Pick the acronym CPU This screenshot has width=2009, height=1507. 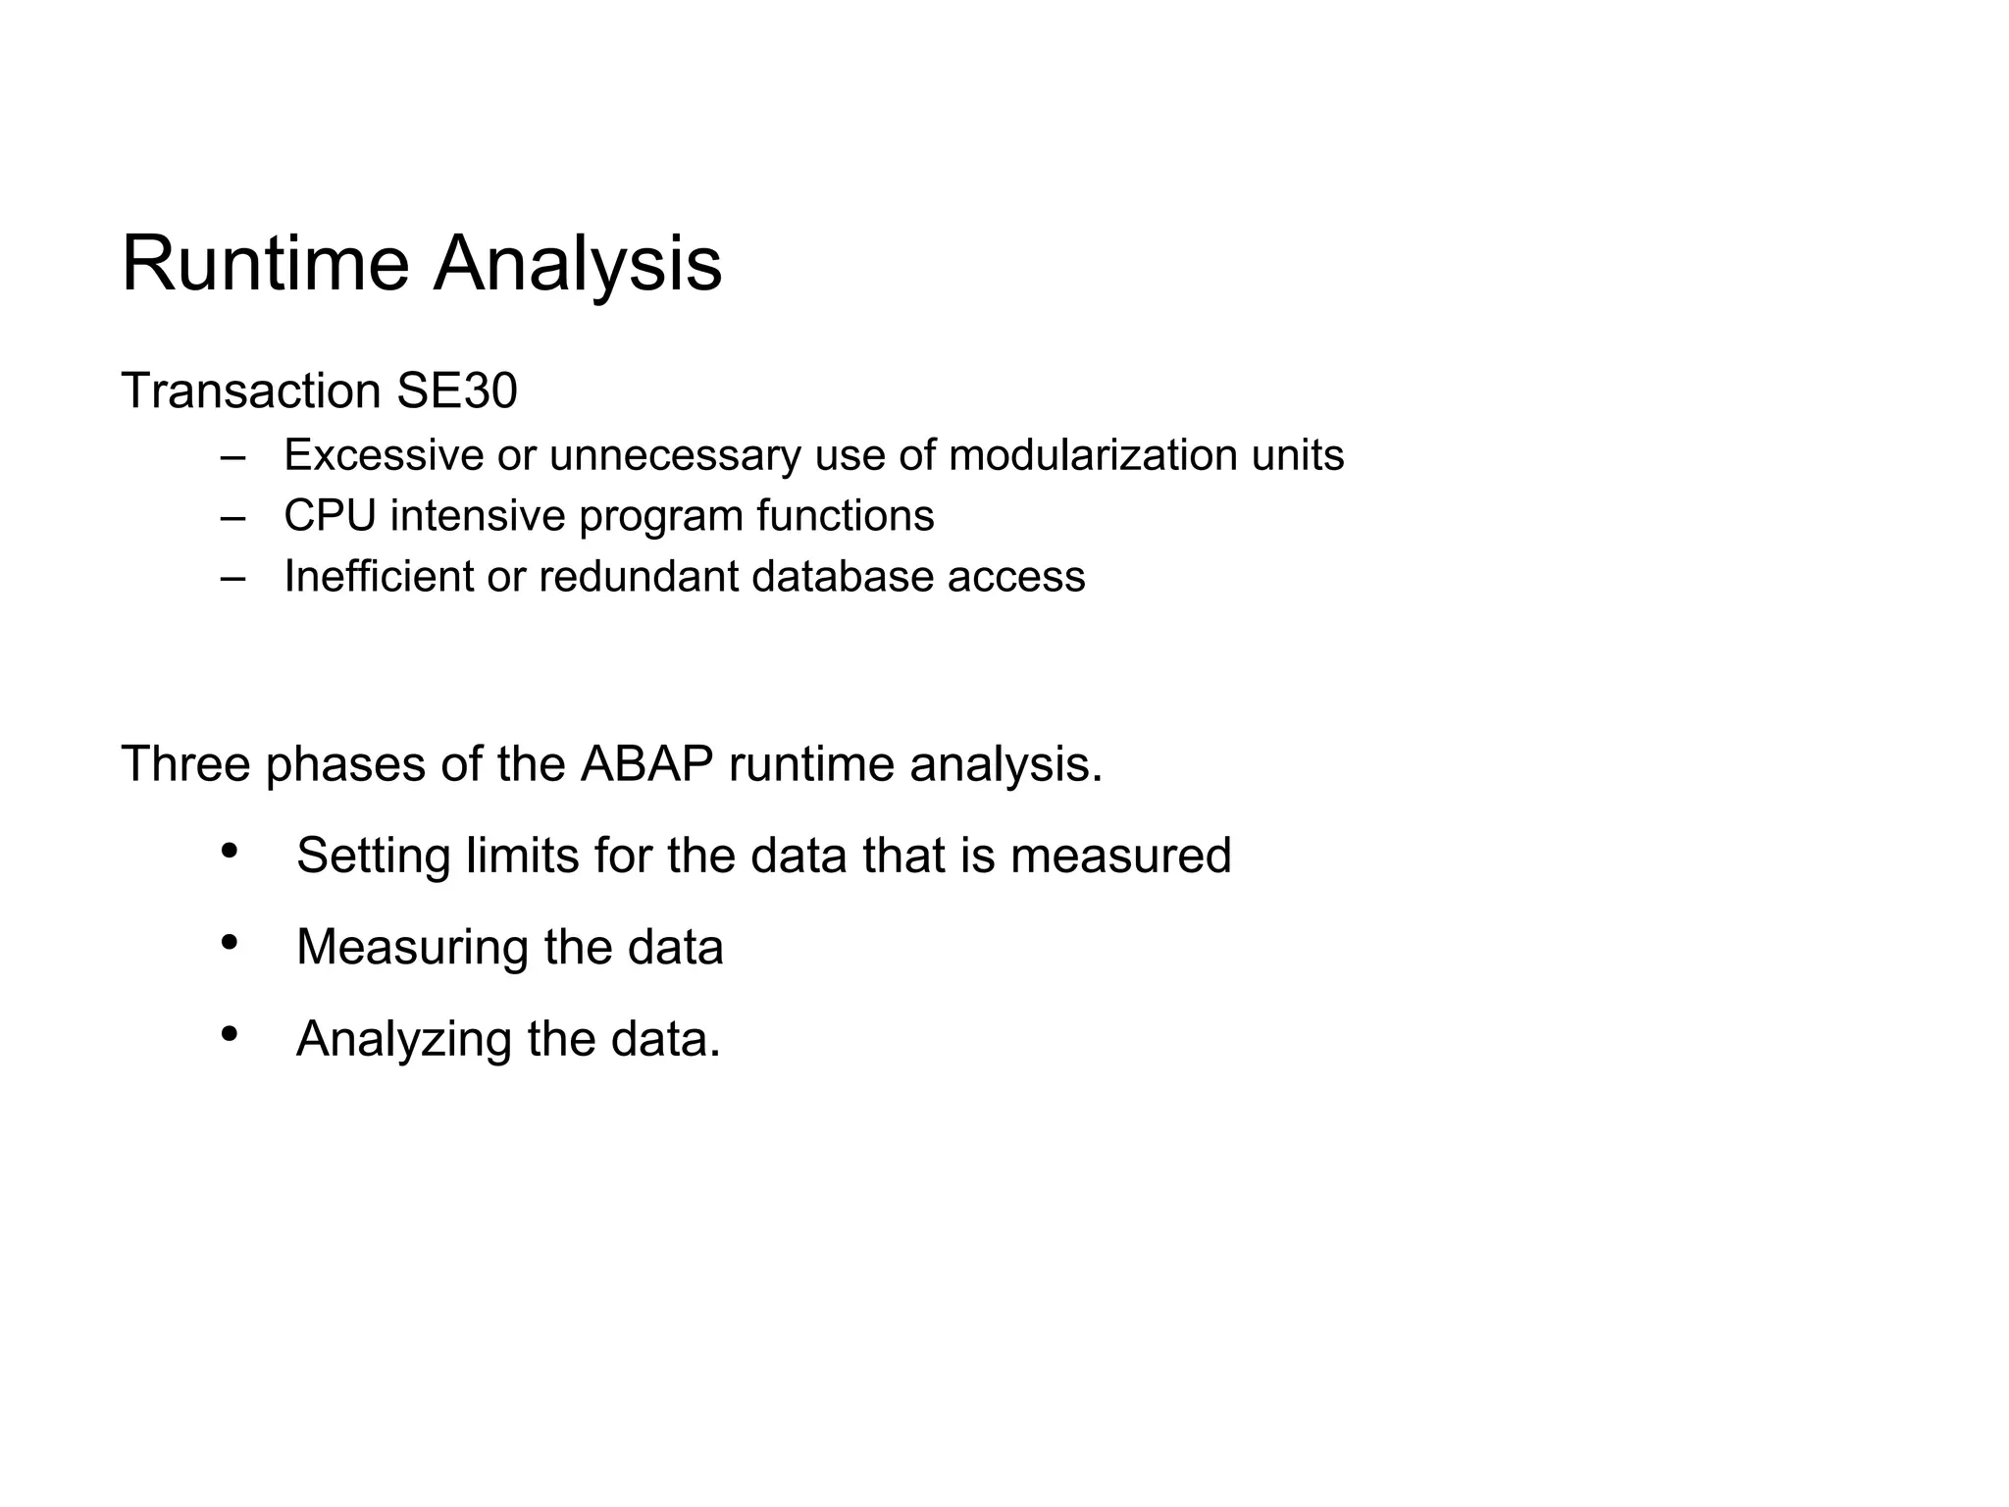(x=330, y=516)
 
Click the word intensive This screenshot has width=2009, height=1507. (x=478, y=516)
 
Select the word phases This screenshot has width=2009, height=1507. (x=345, y=765)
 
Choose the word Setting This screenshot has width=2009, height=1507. (x=373, y=856)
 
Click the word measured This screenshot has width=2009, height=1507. (x=1120, y=856)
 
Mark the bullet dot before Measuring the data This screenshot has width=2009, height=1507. (x=230, y=942)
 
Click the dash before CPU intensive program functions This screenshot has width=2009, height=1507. (x=232, y=517)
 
